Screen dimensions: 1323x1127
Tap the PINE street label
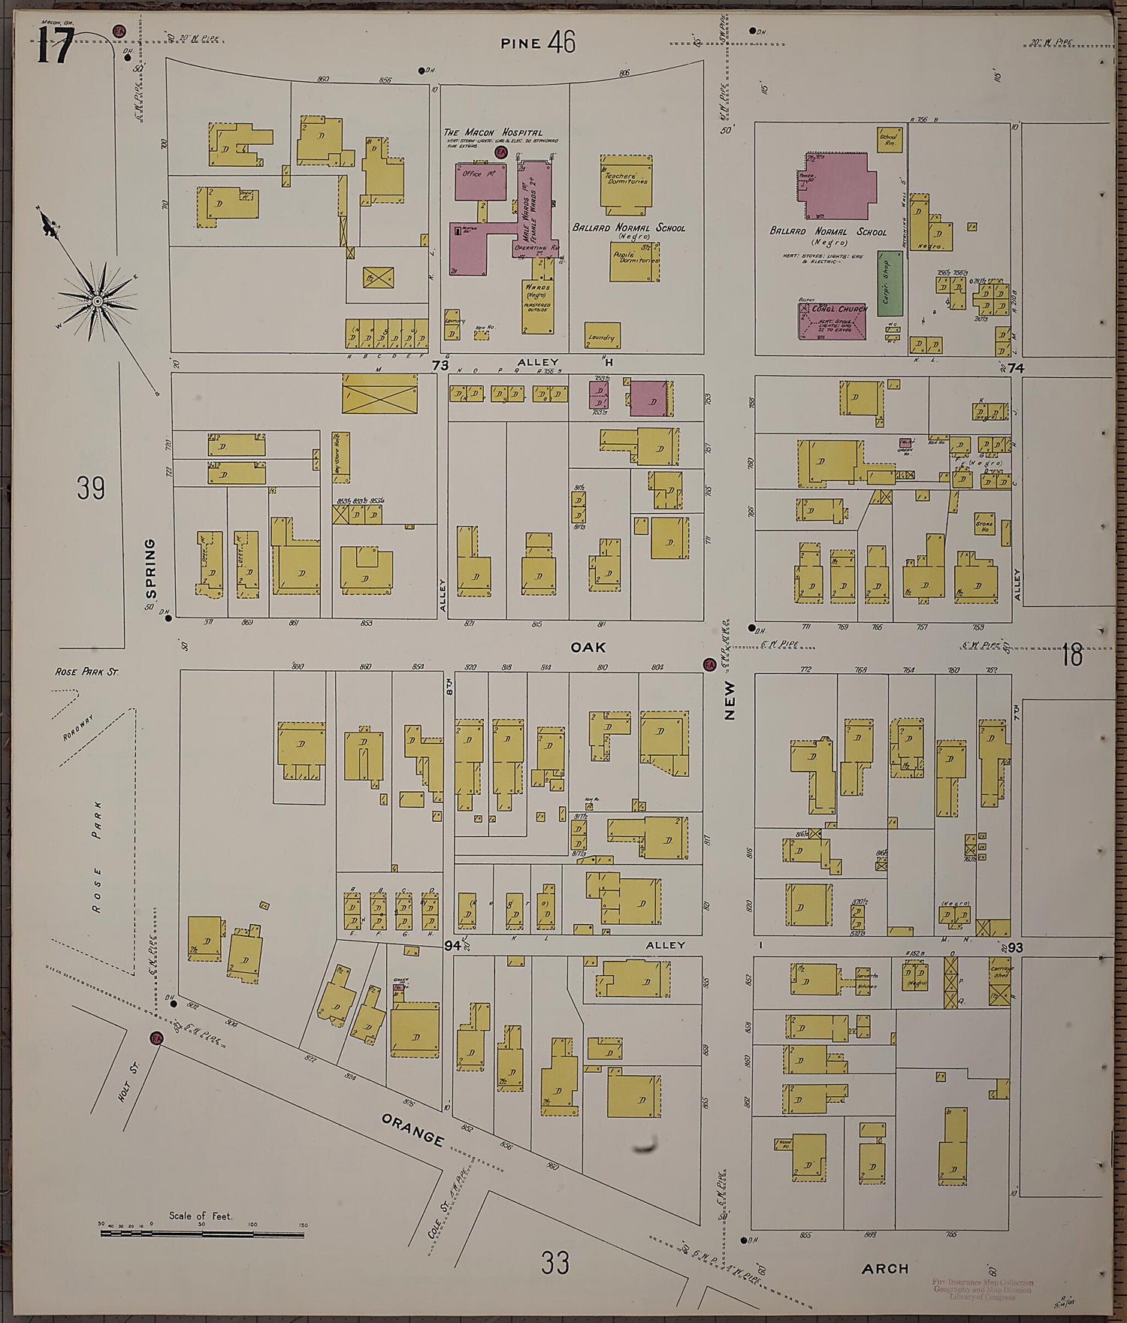coord(521,44)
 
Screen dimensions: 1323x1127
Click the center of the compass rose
coord(97,301)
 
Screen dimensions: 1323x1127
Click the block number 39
coord(91,489)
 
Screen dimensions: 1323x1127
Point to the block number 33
coord(554,1262)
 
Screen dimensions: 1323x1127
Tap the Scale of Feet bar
coord(201,1234)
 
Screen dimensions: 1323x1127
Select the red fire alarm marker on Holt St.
coord(157,1038)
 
